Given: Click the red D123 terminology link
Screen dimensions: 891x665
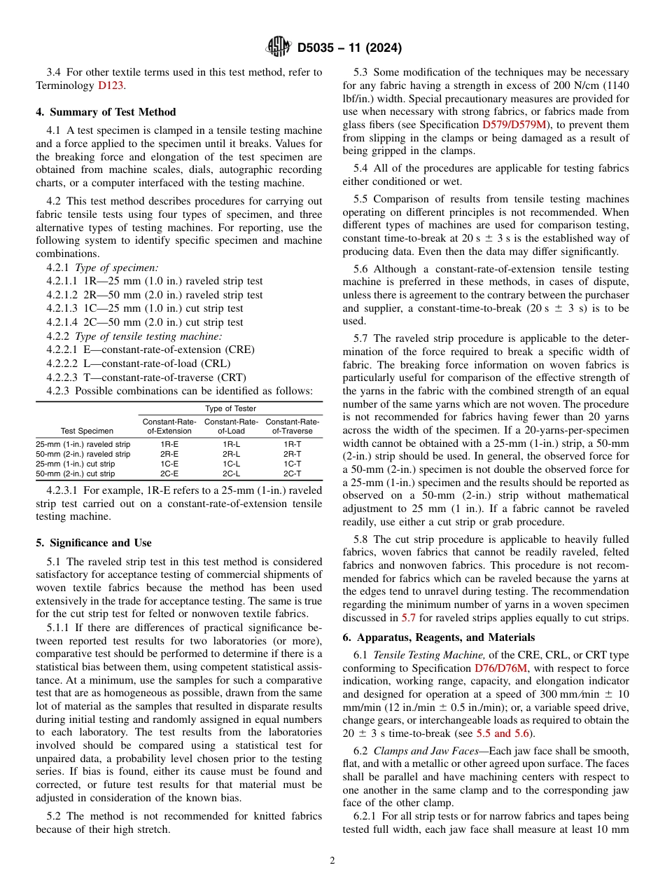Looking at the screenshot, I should click(x=111, y=85).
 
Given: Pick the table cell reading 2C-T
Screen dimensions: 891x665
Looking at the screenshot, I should click(x=293, y=474).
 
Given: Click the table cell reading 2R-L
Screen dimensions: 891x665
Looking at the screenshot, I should click(x=232, y=454).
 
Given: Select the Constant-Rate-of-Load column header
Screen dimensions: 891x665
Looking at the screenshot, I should click(x=232, y=426).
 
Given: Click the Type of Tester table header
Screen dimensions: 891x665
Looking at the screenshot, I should click(x=230, y=408).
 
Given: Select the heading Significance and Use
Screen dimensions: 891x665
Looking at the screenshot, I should click(x=94, y=543).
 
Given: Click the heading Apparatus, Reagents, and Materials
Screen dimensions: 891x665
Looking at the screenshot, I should click(x=439, y=637).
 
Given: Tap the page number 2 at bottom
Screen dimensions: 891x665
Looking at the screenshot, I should click(x=332, y=861).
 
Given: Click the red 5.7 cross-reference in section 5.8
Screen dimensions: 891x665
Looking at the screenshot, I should click(x=408, y=618).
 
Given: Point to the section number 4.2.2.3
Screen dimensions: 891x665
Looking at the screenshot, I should click(x=66, y=377).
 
